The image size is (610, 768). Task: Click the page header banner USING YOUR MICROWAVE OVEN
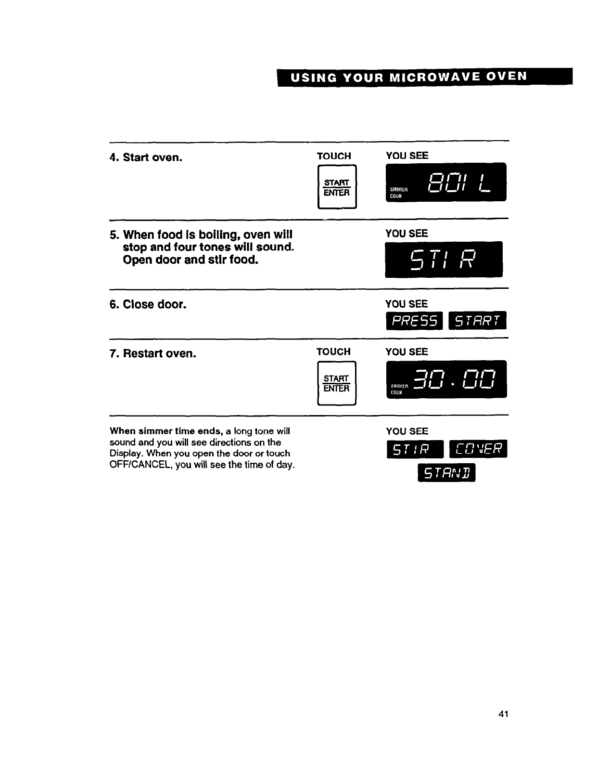point(424,77)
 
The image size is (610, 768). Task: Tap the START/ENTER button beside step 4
point(337,187)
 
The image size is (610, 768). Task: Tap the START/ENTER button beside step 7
point(336,383)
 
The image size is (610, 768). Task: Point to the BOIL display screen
point(446,182)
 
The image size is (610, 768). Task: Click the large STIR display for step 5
point(444,260)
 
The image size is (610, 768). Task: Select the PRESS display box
point(414,321)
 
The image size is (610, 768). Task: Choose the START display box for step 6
point(477,321)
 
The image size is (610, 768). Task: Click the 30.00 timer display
point(446,379)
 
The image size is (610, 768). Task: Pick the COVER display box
point(478,449)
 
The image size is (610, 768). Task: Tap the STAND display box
point(446,473)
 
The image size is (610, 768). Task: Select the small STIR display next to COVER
point(415,449)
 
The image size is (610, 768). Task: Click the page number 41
point(503,714)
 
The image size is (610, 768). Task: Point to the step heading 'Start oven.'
point(152,157)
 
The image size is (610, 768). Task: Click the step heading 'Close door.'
point(154,304)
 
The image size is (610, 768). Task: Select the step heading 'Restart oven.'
point(159,353)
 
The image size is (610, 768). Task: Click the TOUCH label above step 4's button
point(334,156)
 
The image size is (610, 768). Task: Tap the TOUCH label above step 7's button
point(333,352)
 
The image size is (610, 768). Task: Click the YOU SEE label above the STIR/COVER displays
point(407,431)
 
